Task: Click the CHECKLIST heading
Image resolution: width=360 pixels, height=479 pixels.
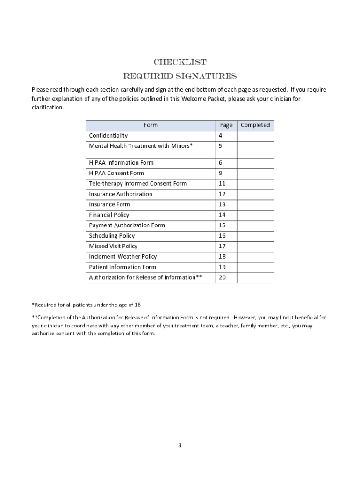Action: coord(180,62)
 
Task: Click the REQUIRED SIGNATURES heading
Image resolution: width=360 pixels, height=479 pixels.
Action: coord(180,76)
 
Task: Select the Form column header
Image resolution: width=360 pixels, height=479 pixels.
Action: coord(151,125)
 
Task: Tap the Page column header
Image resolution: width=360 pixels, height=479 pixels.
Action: coord(226,125)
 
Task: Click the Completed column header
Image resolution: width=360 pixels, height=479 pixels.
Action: coord(255,125)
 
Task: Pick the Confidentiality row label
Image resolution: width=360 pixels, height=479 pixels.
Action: coord(108,136)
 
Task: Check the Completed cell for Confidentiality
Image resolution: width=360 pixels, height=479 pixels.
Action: coord(255,136)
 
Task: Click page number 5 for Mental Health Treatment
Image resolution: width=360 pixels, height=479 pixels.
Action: coord(220,146)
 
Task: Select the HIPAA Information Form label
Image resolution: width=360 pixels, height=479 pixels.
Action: coord(121,163)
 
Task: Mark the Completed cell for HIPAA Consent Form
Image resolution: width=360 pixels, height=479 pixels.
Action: coord(255,173)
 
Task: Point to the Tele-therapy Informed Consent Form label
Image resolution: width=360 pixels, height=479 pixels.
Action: coord(138,183)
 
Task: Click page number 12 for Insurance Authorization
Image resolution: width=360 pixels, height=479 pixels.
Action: coord(222,194)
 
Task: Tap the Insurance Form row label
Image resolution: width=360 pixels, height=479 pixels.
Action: coord(109,204)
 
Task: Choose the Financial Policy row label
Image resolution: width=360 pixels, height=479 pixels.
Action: coord(109,215)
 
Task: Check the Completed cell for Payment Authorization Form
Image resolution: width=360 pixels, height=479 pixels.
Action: coord(255,225)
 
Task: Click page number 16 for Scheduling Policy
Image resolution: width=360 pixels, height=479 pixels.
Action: coord(222,236)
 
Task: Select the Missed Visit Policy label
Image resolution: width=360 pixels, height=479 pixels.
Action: coord(113,246)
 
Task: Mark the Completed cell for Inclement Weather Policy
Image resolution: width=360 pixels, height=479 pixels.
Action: coord(255,256)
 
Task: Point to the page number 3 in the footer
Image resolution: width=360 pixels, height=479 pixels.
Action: coord(180,445)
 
